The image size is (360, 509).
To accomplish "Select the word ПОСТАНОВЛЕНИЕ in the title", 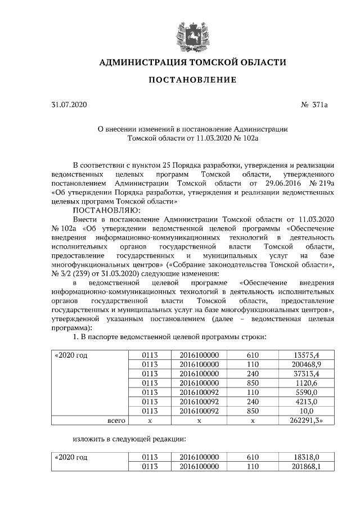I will point(192,80).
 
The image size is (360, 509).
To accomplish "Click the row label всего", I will point(116,420).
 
